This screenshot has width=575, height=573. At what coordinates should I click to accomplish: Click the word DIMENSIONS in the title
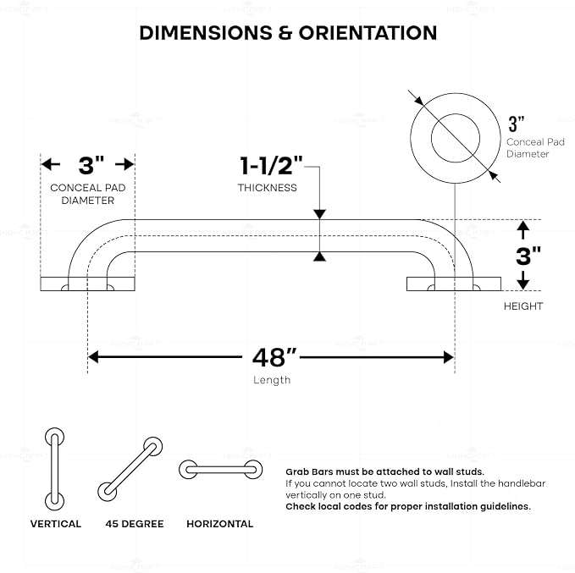[x=206, y=33]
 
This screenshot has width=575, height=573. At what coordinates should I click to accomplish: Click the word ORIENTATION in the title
[x=368, y=33]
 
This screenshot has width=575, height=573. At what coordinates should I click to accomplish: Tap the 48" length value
[x=274, y=357]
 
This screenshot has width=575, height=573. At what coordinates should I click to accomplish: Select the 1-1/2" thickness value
[x=271, y=165]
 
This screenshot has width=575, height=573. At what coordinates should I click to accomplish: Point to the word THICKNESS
[x=267, y=188]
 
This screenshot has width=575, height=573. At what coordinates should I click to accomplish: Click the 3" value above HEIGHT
[x=528, y=256]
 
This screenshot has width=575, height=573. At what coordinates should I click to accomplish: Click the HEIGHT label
[x=523, y=306]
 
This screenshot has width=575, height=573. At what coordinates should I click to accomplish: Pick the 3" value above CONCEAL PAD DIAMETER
[x=91, y=165]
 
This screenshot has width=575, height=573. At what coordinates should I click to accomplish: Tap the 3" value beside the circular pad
[x=517, y=124]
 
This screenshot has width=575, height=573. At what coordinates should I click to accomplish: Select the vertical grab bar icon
[x=55, y=469]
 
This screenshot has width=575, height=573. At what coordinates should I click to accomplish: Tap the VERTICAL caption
[x=56, y=524]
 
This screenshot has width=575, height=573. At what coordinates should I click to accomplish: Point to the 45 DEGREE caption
[x=135, y=524]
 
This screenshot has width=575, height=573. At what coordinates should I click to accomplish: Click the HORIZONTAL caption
[x=220, y=524]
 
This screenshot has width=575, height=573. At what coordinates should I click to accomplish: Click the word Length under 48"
[x=272, y=380]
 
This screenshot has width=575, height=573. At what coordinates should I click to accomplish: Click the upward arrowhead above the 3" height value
[x=523, y=225]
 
